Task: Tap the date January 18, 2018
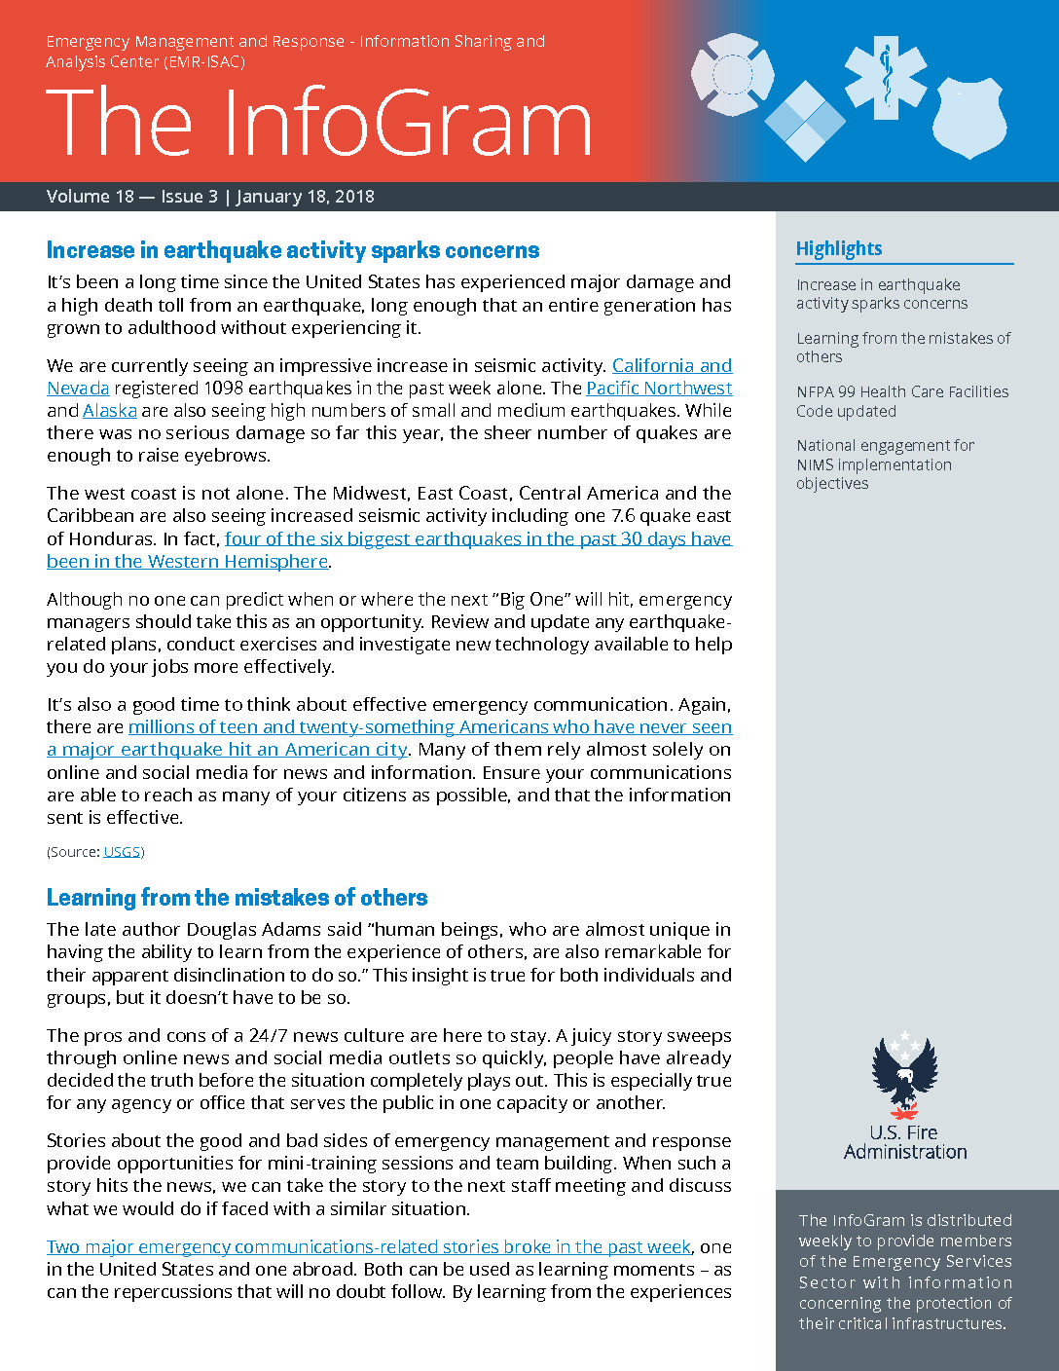point(305,197)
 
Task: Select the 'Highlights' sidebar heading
point(839,248)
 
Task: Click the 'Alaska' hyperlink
point(110,411)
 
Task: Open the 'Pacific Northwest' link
point(659,389)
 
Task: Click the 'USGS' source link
point(122,852)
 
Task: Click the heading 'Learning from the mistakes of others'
point(237,898)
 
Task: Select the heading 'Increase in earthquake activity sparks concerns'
point(293,250)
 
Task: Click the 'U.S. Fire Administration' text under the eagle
point(905,1142)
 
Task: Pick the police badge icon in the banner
point(969,117)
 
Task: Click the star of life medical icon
point(886,77)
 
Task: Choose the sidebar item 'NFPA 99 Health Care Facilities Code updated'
point(901,401)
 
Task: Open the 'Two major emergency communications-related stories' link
point(369,1247)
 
